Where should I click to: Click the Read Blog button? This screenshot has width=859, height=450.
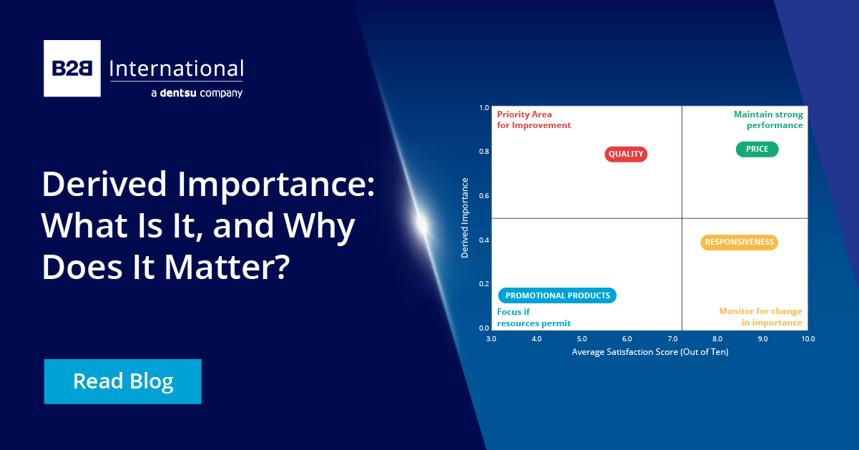123,381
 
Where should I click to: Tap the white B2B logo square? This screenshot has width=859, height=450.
72,68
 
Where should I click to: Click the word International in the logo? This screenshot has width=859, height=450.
176,69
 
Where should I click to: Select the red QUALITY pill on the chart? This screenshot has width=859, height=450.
626,154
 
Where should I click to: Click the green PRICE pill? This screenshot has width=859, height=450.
757,149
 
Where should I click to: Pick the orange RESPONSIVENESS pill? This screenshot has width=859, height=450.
739,242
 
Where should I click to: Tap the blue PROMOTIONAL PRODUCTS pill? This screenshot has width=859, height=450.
557,295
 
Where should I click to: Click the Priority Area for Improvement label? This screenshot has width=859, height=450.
534,119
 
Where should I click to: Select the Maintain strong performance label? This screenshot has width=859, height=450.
768,119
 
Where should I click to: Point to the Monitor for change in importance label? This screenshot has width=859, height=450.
760,317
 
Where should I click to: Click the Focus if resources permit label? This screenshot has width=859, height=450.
534,317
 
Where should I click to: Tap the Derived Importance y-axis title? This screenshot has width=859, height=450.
465,217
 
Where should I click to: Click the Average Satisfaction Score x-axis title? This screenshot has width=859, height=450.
649,352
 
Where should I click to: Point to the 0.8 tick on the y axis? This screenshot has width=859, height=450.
484,152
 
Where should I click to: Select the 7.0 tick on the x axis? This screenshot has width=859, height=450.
672,338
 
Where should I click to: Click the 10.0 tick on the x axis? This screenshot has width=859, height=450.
808,338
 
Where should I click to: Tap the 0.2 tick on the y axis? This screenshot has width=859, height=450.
484,284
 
